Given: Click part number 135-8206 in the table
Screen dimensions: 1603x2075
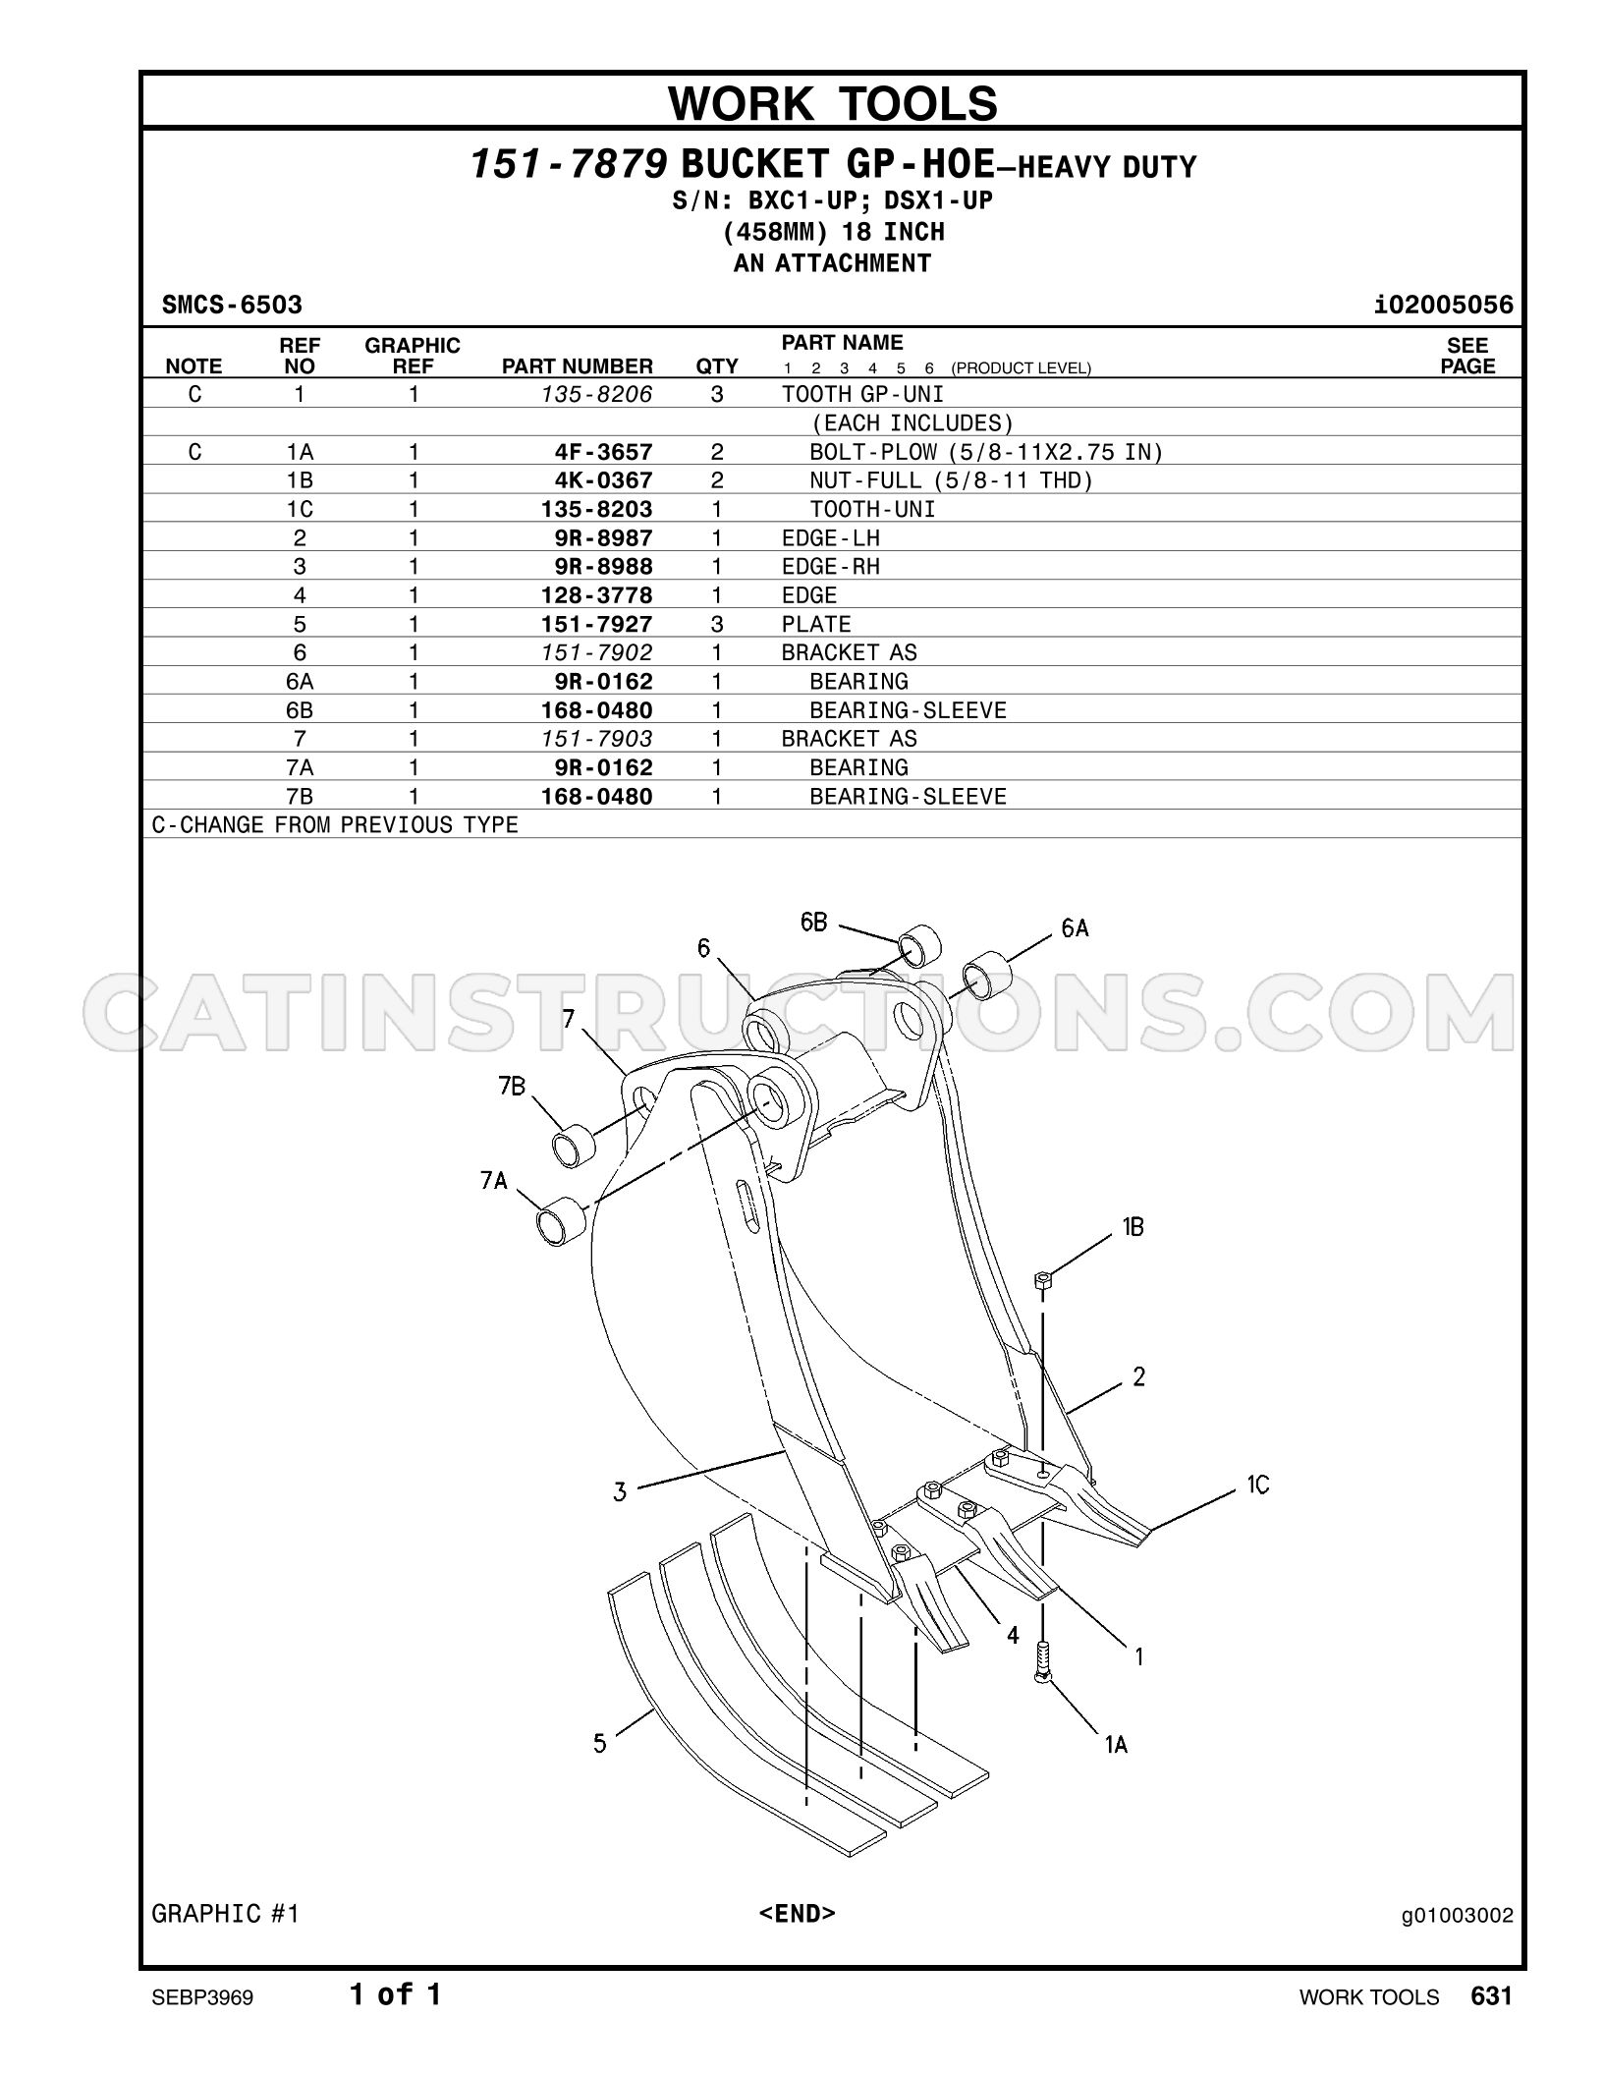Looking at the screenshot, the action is (597, 394).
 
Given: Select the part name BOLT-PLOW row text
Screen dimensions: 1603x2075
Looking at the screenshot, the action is (986, 452).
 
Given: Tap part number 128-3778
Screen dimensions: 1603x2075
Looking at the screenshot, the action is (597, 595).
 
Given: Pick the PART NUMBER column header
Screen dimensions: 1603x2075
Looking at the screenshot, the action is (578, 366).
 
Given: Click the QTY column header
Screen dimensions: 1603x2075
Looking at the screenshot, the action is (717, 366).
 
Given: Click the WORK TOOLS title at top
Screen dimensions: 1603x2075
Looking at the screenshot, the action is (833, 102).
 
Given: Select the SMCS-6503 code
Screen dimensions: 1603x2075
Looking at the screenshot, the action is (233, 305).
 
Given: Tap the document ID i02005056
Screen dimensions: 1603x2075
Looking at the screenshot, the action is (1444, 305).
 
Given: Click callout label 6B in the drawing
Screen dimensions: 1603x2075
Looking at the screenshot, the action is (814, 922).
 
